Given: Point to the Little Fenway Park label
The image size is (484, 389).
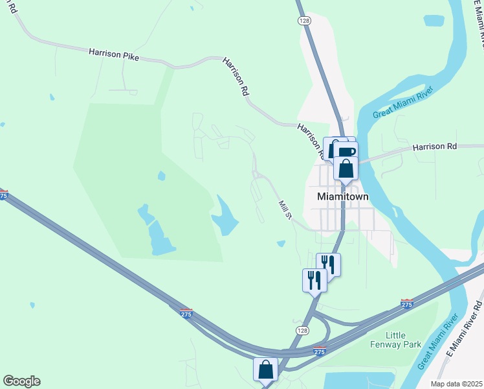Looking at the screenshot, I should [404, 340].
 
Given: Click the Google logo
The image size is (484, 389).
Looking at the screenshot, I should [21, 381].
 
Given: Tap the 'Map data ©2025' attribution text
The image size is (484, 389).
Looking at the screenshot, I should [457, 384].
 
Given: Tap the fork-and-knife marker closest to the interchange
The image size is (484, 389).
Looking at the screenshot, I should [314, 280].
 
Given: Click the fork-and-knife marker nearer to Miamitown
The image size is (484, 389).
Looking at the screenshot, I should [328, 264].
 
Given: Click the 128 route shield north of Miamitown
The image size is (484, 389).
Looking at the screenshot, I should [303, 21].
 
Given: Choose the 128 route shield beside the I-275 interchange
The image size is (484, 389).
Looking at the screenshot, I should [302, 331].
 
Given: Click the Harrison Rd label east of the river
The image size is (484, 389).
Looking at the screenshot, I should [434, 147].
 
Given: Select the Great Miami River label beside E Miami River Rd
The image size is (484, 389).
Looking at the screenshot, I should [432, 348].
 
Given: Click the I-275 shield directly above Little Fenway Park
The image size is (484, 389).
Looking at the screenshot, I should [407, 303].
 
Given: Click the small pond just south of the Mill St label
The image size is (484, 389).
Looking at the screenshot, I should [281, 244].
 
